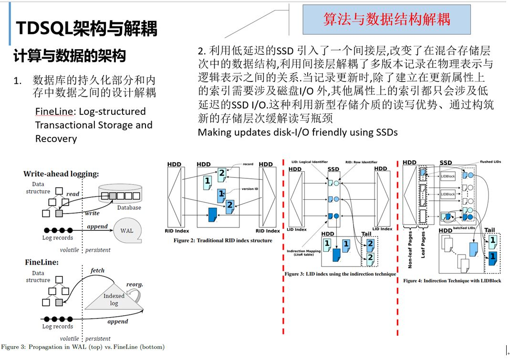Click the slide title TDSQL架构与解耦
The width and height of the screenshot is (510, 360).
[86, 29]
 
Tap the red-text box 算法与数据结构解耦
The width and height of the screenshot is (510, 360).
[386, 20]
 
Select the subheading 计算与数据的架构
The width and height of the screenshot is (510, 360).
[70, 56]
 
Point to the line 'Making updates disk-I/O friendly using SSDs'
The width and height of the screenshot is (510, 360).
[298, 132]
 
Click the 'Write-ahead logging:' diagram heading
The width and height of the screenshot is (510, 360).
[61, 174]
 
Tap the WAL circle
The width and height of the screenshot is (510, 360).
[127, 231]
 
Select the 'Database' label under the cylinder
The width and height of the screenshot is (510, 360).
[129, 208]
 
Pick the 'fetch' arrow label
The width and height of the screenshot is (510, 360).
[97, 270]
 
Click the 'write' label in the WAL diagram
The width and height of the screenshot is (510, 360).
[92, 213]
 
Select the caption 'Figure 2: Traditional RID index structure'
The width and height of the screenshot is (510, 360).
[223, 241]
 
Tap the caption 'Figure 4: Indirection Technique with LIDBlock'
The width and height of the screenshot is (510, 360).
[452, 281]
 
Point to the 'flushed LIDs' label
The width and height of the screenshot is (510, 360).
[493, 162]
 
